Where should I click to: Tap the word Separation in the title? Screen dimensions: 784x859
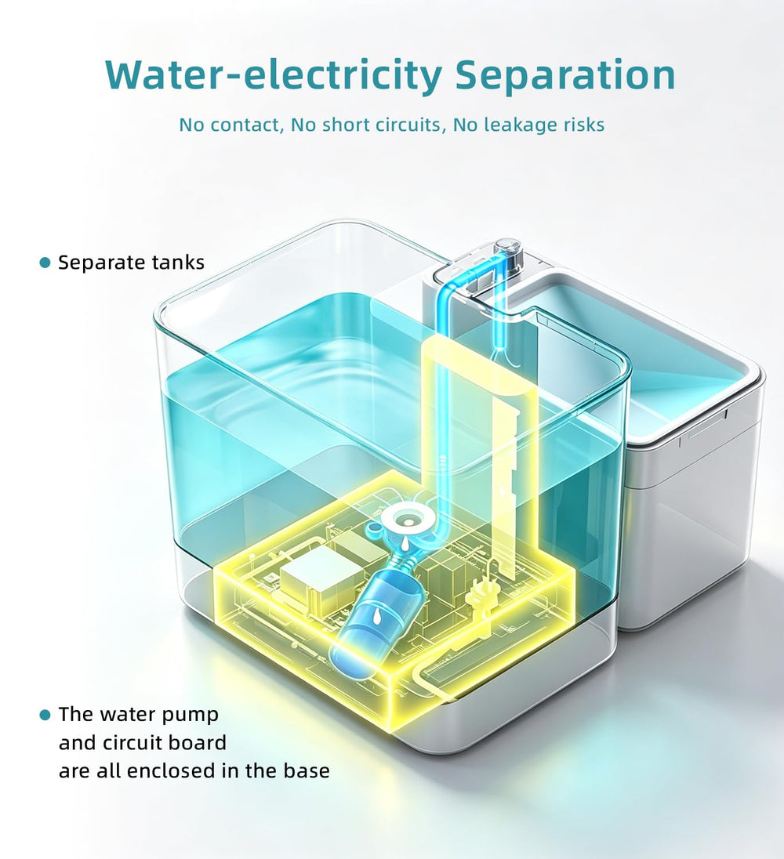coord(565,75)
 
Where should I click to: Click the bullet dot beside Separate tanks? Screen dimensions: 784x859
coord(45,263)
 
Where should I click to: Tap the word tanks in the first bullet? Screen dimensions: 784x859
coord(177,263)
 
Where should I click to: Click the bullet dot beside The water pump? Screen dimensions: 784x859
coord(45,715)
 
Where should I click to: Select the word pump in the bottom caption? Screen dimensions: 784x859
coord(192,716)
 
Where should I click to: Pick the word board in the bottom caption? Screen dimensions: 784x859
coord(198,743)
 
